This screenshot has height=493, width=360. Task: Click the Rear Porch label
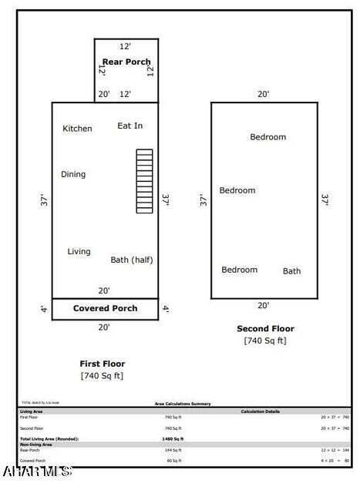126,62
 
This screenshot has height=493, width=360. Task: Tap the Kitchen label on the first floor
77,129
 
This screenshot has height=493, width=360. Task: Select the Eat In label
130,126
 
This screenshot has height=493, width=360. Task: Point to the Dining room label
73,174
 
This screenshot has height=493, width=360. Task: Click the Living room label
79,251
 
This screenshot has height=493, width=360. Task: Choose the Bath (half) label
131,260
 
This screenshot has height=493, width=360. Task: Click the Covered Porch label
105,308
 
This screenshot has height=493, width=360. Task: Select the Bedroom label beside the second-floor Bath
239,270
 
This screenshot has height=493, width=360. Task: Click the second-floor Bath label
291,271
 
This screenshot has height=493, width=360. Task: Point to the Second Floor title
265,329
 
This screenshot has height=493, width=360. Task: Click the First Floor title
102,364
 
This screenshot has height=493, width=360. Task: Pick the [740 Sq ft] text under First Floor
102,376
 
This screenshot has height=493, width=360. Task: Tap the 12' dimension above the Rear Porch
125,46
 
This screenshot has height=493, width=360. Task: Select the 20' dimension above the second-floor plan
264,94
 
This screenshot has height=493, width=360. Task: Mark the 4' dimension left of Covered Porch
42,310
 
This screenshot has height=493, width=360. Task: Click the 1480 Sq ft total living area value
173,438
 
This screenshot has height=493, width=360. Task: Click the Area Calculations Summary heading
183,404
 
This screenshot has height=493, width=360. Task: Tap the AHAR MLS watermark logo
36,470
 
